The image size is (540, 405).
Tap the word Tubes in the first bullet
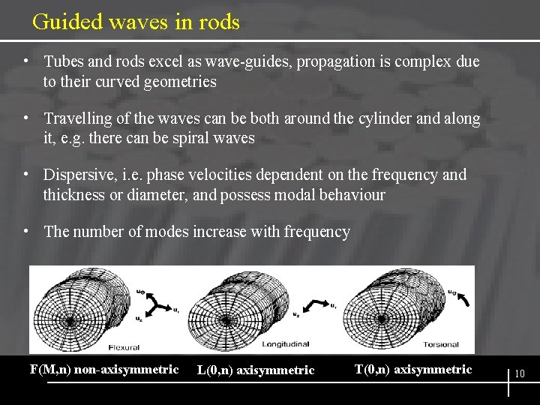(64, 61)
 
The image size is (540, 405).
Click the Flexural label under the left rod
(124, 347)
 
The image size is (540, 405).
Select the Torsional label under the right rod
(440, 344)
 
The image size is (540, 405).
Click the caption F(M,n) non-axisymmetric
(103, 369)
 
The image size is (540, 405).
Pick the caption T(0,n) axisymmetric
(413, 369)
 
